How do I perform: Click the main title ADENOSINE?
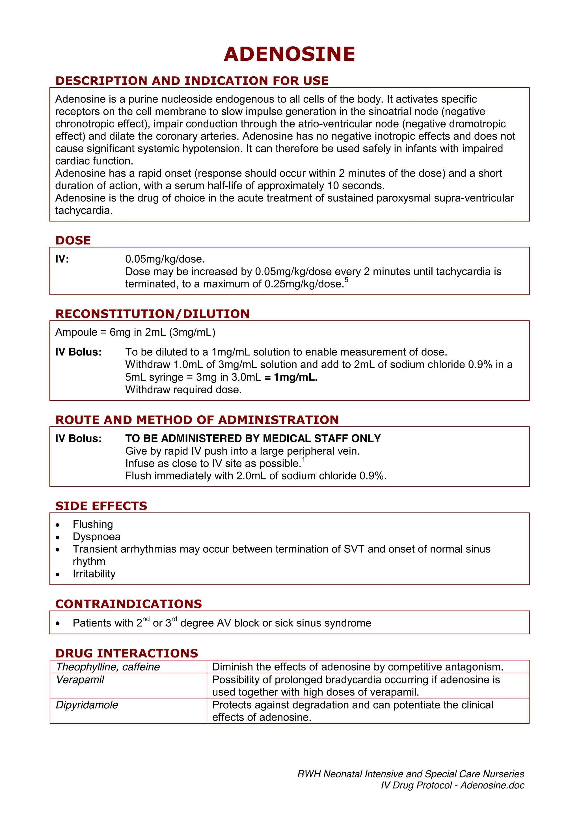click(x=289, y=54)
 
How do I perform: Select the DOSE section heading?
click(x=73, y=240)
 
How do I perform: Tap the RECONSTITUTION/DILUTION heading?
click(x=152, y=314)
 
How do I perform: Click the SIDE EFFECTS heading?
click(x=101, y=505)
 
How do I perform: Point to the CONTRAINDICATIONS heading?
click(x=128, y=604)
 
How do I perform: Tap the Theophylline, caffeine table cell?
click(x=108, y=667)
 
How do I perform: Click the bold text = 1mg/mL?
click(x=291, y=377)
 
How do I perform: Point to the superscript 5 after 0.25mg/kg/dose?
click(x=346, y=280)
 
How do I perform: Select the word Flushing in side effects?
click(x=93, y=524)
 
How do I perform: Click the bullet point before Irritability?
click(x=58, y=574)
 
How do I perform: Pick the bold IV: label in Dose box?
click(x=62, y=259)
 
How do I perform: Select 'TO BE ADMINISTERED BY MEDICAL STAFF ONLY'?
click(x=253, y=438)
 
